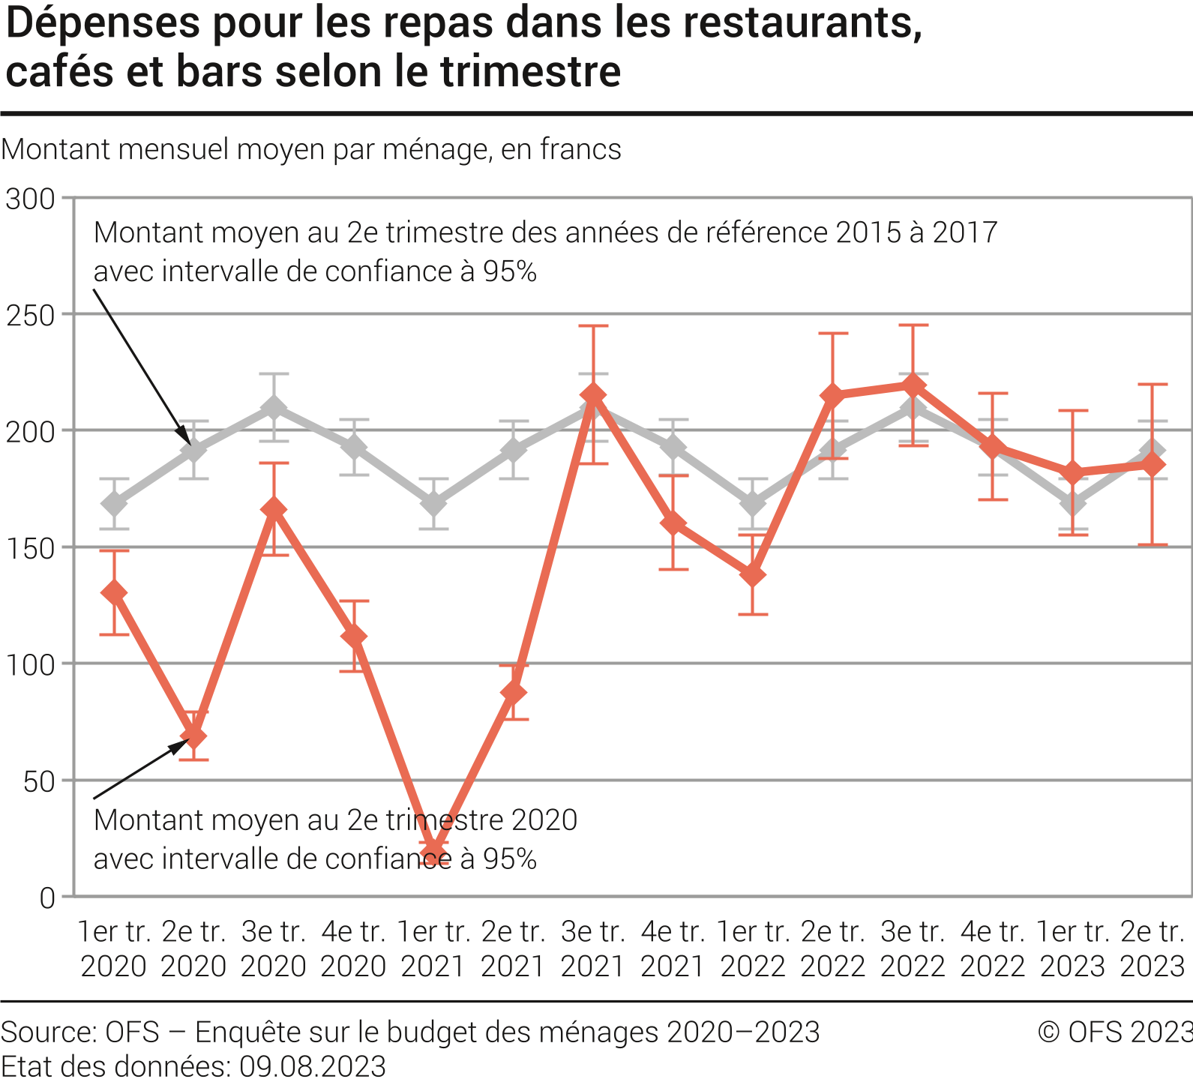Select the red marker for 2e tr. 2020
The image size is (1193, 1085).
click(x=194, y=736)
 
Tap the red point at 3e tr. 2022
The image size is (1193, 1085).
click(x=913, y=385)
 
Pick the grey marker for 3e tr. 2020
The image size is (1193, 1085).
click(x=274, y=407)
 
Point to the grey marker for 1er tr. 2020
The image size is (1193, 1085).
click(x=114, y=503)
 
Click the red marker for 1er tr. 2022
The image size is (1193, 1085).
click(x=753, y=575)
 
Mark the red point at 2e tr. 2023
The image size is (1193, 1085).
click(x=1153, y=465)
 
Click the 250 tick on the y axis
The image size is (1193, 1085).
click(x=31, y=316)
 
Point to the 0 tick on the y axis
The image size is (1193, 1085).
click(x=47, y=898)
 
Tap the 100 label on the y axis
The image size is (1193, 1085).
click(x=31, y=665)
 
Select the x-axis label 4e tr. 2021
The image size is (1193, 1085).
click(x=673, y=949)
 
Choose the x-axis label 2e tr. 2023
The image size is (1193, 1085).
click(x=1153, y=949)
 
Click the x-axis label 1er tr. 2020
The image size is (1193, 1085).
click(x=114, y=949)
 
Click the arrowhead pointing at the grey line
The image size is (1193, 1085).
click(x=183, y=435)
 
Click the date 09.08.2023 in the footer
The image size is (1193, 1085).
click(x=313, y=1066)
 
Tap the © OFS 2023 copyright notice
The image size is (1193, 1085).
click(x=1115, y=1033)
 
